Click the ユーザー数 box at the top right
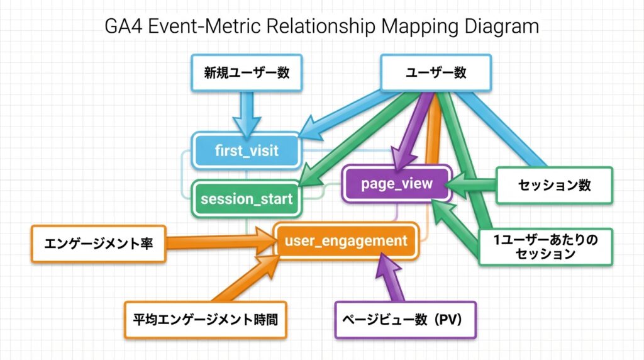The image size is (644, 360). pyautogui.click(x=435, y=72)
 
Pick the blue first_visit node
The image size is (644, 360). pyautogui.click(x=246, y=150)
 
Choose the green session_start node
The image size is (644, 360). pyautogui.click(x=246, y=199)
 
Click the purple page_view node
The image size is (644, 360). pyautogui.click(x=396, y=183)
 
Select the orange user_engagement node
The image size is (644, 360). pyautogui.click(x=346, y=240)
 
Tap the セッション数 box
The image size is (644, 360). pyautogui.click(x=554, y=185)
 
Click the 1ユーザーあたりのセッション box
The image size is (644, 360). pyautogui.click(x=545, y=247)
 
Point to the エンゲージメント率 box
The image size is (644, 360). pyautogui.click(x=98, y=244)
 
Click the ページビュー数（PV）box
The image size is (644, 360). pyautogui.click(x=406, y=320)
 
